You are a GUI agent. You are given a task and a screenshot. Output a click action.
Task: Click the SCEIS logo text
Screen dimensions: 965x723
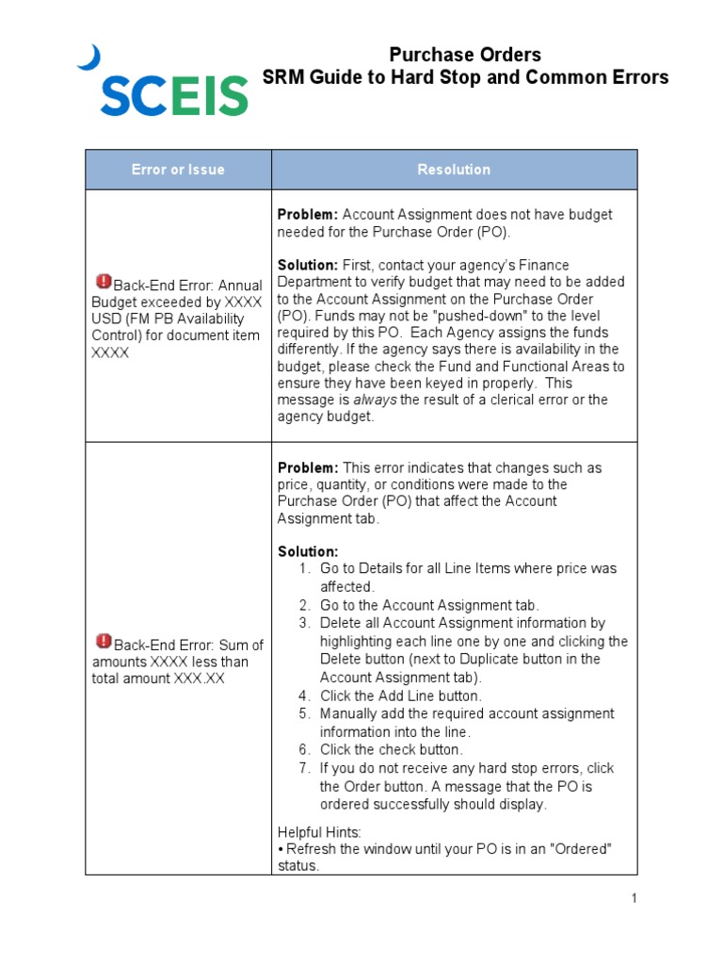point(174,95)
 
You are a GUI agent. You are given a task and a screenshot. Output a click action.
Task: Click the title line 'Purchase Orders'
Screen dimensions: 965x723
point(465,55)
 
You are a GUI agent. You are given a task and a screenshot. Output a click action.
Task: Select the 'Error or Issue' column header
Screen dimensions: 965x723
point(178,170)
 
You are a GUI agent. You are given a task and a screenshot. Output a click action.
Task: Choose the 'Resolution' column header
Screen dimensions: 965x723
point(454,170)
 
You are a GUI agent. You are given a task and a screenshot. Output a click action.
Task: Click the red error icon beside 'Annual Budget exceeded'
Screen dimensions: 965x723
point(104,282)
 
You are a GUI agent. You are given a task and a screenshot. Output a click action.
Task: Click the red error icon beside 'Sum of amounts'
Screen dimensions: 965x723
point(104,642)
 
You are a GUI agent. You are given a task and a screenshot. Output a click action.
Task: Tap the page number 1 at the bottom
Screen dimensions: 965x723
point(635,898)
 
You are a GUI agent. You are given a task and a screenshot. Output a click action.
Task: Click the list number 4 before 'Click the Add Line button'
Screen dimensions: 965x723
point(304,695)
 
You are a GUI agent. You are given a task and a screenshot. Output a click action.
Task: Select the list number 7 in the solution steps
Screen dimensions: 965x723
point(304,768)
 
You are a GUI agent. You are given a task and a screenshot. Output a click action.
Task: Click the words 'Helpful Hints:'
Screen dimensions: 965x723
point(319,832)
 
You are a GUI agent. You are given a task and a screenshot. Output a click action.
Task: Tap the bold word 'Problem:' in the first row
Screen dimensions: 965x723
point(307,214)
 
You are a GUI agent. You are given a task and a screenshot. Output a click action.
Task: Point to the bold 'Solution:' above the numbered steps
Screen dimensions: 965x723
point(308,551)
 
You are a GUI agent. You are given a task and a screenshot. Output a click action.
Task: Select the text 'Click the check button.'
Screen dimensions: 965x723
point(391,750)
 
